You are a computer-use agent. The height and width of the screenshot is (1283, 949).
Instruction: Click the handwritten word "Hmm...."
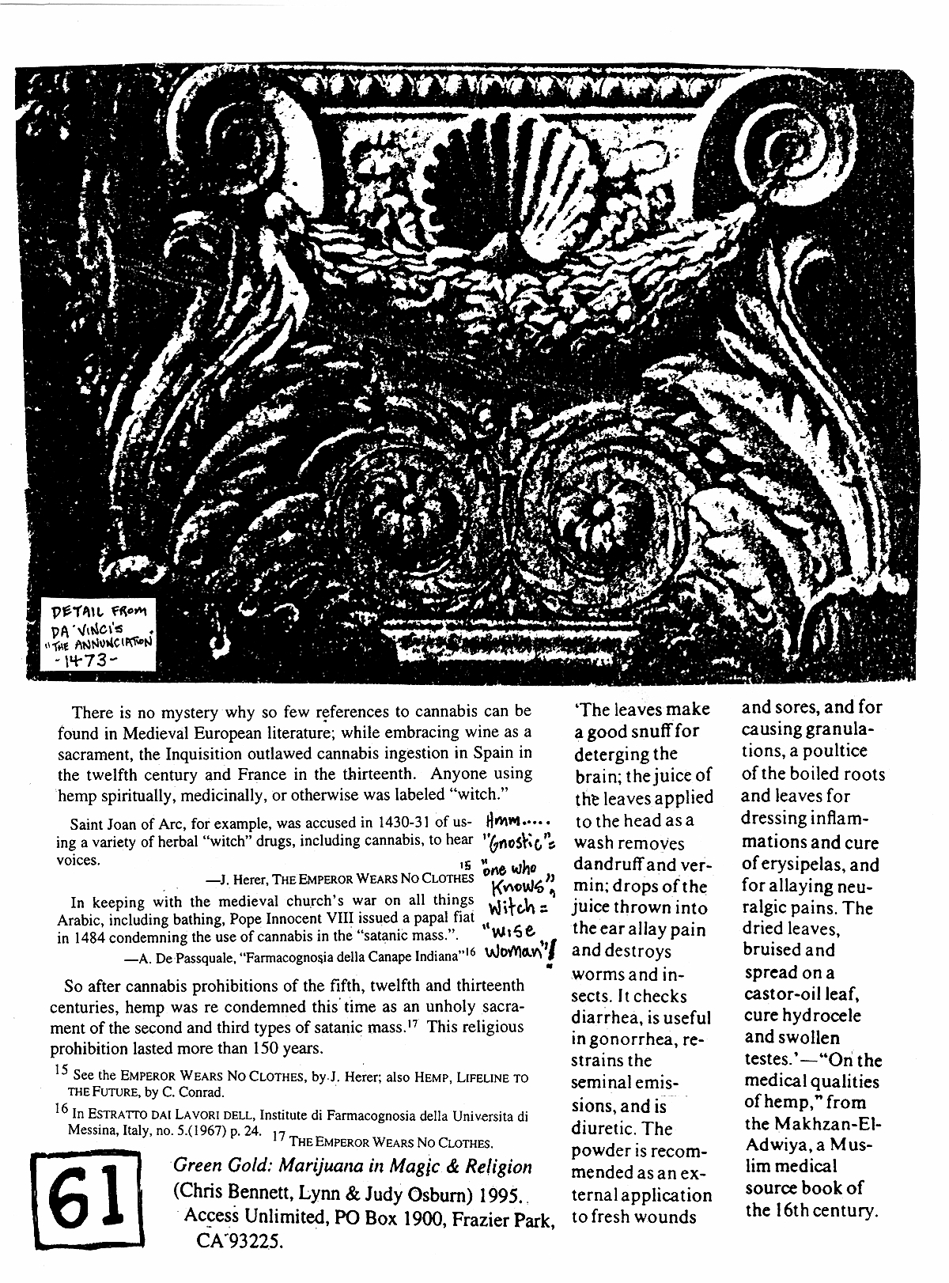(516, 820)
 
